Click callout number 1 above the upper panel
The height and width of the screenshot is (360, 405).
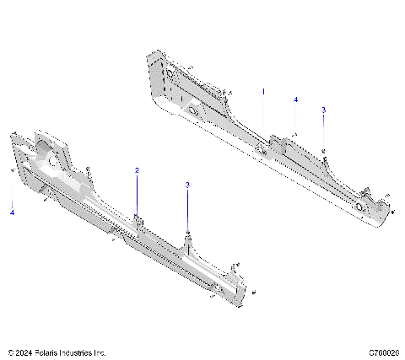pyautogui.click(x=262, y=90)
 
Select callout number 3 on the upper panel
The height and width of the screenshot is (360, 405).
pyautogui.click(x=324, y=110)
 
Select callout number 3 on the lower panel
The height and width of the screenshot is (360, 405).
pyautogui.click(x=187, y=185)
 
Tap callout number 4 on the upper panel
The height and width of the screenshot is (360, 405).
pyautogui.click(x=296, y=99)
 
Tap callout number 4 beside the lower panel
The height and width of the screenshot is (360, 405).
pyautogui.click(x=13, y=213)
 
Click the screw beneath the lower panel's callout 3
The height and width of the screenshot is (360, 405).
pyautogui.click(x=187, y=232)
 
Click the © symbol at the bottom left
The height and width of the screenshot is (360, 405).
pyautogui.click(x=9, y=352)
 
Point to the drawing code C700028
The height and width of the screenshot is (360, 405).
pyautogui.click(x=384, y=352)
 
